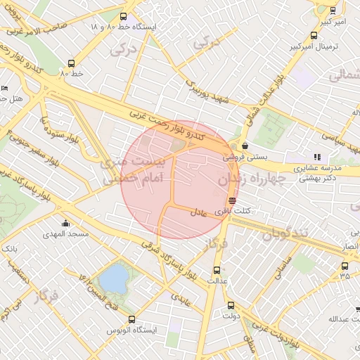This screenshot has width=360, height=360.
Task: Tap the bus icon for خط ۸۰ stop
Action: (70, 63)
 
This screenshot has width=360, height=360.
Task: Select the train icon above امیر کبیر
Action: (332, 11)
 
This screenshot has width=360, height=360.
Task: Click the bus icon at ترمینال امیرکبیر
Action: (313, 36)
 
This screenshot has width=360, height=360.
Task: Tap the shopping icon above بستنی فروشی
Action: (244, 146)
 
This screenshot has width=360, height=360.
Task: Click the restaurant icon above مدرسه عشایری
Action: (317, 157)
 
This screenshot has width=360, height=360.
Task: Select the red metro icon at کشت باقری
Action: (232, 200)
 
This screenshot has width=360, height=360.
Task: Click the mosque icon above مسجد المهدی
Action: (65, 224)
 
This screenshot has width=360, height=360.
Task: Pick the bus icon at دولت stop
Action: (231, 305)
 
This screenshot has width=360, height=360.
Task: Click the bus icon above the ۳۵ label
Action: (345, 266)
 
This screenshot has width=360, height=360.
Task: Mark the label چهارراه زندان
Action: (250, 179)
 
